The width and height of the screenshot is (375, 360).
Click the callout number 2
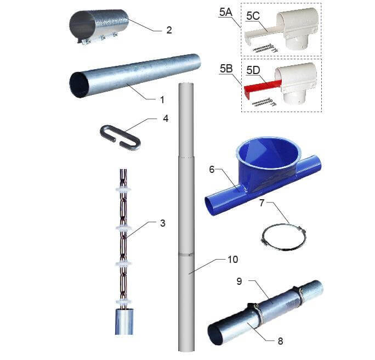pos(169,30)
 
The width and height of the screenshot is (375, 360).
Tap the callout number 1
pos(162,99)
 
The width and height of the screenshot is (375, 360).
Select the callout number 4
pos(166,118)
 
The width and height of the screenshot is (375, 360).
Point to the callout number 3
pos(163,223)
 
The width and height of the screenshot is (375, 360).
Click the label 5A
pos(226,12)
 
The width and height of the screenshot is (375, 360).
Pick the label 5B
pos(226,69)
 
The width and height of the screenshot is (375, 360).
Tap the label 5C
pos(253,16)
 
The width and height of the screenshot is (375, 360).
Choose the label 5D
pos(253,70)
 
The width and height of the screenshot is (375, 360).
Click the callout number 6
pos(212,170)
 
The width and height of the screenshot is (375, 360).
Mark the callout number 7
pos(262,203)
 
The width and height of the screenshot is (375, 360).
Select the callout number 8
pos(281,341)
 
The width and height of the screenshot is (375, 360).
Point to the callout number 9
pos(240,281)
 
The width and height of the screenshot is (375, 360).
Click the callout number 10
pos(232,260)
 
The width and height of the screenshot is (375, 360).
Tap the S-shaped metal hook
pos(120,138)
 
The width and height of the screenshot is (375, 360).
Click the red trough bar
pos(262,86)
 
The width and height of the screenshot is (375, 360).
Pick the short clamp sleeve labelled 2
pos(99,27)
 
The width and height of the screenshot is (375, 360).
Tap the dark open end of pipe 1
pos(79,85)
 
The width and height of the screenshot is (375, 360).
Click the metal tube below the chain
pos(124,322)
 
